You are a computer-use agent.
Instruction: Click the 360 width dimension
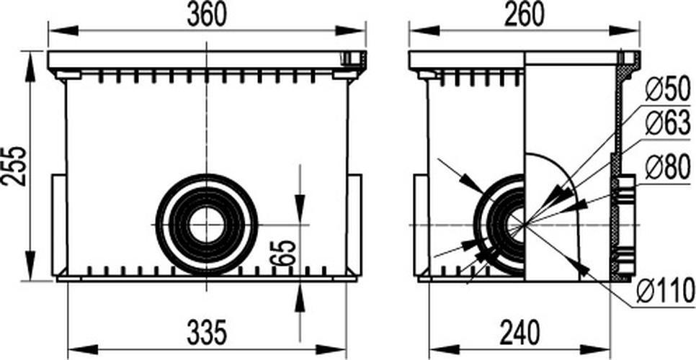pyautogui.click(x=206, y=16)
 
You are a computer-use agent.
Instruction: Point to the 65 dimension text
pyautogui.click(x=285, y=253)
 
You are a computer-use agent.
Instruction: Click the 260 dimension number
pyautogui.click(x=525, y=16)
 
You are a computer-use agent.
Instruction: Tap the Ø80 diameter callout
pyautogui.click(x=668, y=167)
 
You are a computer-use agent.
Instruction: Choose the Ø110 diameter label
pyautogui.click(x=665, y=292)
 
